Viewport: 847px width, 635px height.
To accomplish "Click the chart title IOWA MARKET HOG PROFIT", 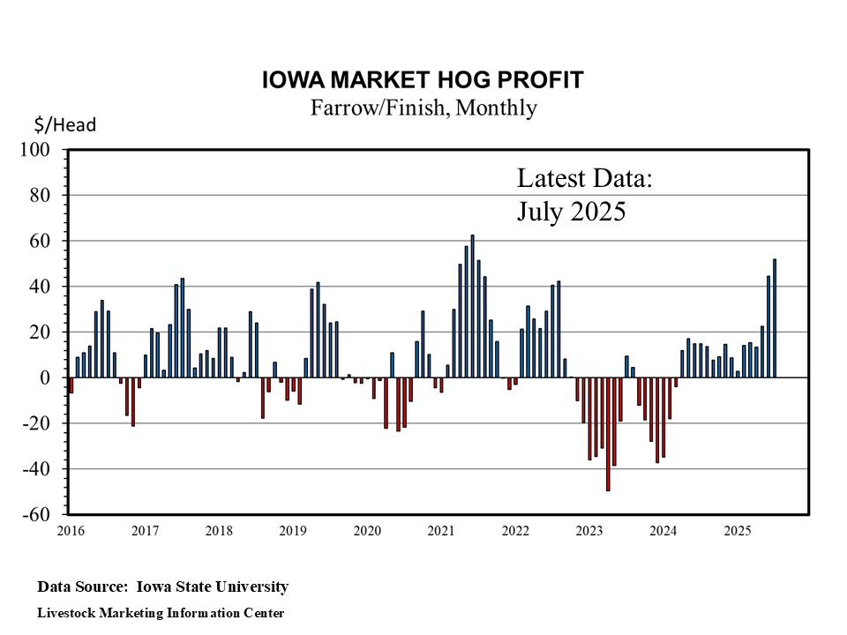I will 423,80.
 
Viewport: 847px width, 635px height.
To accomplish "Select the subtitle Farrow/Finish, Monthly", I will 423,108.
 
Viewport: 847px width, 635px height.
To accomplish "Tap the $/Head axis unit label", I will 65,125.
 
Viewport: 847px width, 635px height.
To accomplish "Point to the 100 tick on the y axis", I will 44,149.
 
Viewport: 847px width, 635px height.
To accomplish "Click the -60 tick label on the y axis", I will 44,514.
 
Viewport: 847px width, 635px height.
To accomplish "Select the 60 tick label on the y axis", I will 48,241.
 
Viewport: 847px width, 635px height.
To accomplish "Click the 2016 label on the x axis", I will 70,531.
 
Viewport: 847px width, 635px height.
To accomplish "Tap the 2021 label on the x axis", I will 441,531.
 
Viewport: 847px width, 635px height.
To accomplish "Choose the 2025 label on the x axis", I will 737,531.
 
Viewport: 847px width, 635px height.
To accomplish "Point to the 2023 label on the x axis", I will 589,531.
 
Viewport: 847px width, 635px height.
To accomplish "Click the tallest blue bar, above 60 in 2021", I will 473,305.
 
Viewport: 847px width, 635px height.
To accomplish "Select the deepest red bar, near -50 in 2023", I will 608,433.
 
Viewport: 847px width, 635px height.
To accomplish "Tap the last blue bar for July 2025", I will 775,317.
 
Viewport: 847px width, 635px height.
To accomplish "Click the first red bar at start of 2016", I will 71,385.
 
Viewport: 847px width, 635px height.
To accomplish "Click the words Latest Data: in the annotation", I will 584,179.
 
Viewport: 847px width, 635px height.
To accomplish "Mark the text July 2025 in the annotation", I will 571,213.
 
